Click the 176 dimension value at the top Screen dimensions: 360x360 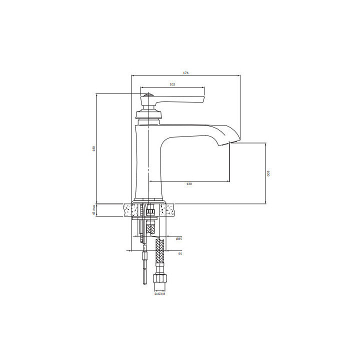coord(185,73)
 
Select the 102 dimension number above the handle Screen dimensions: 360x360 coord(172,84)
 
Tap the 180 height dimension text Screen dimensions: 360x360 coord(93,148)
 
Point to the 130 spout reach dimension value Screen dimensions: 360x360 coord(189,184)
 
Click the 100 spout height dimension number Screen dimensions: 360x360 coord(268,173)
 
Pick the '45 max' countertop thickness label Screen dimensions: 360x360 coord(93,210)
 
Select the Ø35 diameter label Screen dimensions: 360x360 coord(179,239)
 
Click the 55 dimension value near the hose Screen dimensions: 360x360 coord(180,253)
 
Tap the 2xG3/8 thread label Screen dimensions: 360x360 coord(160,294)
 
